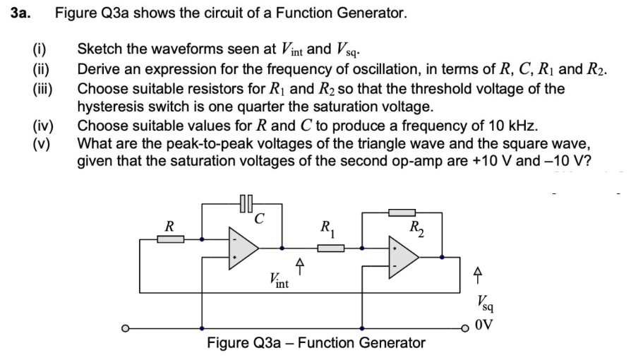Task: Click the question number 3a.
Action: point(21,13)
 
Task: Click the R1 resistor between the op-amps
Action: point(331,248)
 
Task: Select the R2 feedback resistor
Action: point(402,211)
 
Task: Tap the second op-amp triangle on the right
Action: point(402,258)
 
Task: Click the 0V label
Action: point(486,327)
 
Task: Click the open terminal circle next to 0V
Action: point(467,328)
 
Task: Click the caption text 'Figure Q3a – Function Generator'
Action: point(316,344)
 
